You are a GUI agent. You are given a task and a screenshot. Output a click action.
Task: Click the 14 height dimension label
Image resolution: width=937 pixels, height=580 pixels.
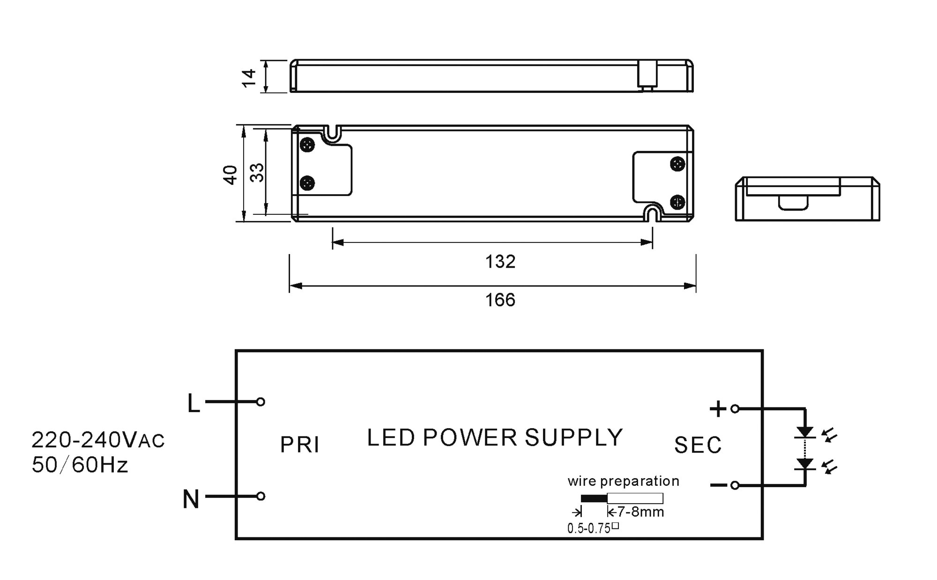tap(249, 77)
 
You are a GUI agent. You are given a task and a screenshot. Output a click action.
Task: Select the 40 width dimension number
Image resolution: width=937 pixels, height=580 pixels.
tap(231, 174)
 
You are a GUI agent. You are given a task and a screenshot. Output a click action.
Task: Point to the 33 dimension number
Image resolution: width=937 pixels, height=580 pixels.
tap(257, 172)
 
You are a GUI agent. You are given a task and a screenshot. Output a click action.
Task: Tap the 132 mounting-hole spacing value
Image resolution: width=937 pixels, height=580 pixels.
tap(500, 262)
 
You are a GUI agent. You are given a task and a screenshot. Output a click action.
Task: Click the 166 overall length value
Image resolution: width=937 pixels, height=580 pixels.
tap(500, 300)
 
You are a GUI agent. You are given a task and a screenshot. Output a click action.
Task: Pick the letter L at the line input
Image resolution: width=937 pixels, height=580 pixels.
tap(193, 404)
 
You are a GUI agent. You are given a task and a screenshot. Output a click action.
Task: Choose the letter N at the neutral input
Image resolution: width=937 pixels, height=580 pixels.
tap(191, 499)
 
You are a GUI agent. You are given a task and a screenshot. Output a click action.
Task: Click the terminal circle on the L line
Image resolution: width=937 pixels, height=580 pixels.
tap(261, 402)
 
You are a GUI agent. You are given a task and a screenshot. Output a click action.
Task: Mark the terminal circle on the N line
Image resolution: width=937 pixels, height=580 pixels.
tap(261, 496)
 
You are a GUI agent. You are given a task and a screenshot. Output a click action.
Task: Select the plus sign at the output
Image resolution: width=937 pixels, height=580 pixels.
tap(718, 409)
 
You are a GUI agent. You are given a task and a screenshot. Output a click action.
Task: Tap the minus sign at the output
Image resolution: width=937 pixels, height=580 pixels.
tap(718, 485)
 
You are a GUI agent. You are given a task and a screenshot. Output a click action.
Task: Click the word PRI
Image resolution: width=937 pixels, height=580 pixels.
tap(300, 445)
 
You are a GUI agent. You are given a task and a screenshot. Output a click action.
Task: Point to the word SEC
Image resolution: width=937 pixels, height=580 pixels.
tap(698, 445)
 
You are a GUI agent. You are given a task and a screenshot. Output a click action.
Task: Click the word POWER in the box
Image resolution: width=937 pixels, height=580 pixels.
tap(469, 437)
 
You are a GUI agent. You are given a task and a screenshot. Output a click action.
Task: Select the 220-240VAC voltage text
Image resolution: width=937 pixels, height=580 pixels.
tap(98, 440)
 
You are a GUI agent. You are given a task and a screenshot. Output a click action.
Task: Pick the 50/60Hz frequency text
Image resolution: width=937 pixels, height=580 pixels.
tap(80, 465)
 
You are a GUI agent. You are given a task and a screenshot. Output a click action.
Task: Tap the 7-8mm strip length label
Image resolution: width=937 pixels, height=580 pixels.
tap(640, 512)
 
